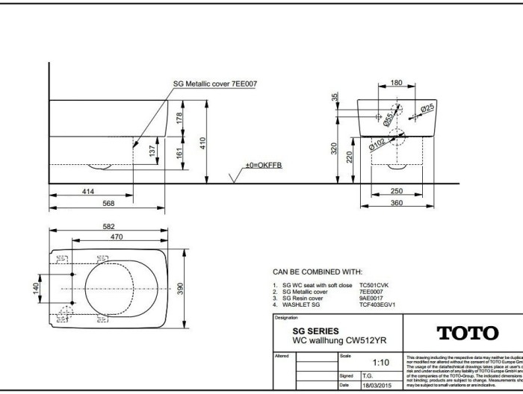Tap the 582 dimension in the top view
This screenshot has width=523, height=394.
[108, 227]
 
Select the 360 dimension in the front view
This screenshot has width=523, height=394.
[397, 202]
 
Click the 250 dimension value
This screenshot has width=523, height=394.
[397, 192]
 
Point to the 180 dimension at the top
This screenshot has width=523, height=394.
[397, 83]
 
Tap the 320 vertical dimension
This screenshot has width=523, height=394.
[335, 149]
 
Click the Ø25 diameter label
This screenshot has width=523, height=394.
[427, 109]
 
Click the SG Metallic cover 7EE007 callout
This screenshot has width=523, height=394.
[214, 84]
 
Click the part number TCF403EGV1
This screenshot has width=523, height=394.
[377, 304]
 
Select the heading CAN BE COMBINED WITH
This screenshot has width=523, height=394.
[317, 272]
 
